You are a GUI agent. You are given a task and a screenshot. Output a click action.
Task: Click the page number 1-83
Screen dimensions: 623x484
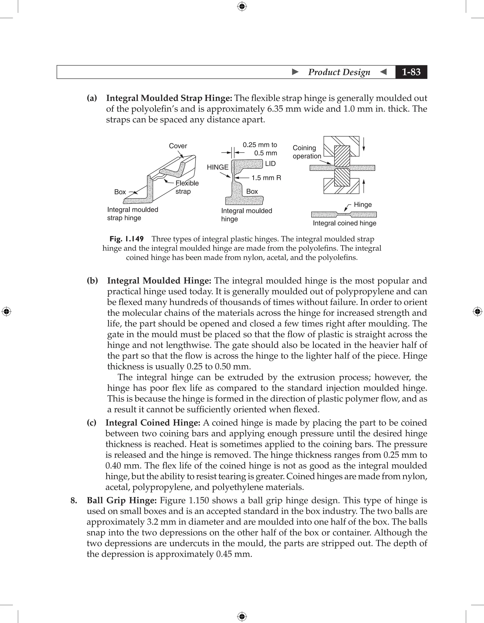tap(411, 72)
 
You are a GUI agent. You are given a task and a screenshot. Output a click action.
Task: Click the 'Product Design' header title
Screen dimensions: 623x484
tap(339, 72)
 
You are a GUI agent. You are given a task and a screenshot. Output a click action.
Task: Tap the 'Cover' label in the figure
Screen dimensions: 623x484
tap(178, 146)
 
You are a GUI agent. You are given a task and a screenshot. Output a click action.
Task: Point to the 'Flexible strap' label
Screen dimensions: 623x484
tap(187, 187)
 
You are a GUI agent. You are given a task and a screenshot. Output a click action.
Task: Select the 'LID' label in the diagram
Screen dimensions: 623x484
tap(270, 164)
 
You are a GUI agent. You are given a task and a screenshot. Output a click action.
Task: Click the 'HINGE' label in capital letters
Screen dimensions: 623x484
tap(217, 167)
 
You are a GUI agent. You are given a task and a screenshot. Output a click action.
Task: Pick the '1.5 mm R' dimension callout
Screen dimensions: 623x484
tap(266, 178)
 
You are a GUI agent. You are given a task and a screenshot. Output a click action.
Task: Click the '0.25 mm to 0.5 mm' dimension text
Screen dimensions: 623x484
tap(260, 149)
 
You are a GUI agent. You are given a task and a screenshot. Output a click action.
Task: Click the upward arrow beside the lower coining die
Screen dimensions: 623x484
tap(364, 186)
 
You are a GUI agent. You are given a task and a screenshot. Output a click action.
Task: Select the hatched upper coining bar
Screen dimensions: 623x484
tap(342, 156)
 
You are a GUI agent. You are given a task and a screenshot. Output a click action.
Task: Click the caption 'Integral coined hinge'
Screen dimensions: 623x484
tap(344, 223)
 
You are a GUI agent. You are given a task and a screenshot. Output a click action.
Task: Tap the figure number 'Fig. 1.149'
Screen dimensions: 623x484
tap(126, 239)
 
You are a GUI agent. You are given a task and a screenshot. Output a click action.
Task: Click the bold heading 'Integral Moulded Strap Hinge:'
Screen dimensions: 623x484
tap(169, 98)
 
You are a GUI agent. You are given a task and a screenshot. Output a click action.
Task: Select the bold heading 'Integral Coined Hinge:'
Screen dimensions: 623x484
tap(153, 423)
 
